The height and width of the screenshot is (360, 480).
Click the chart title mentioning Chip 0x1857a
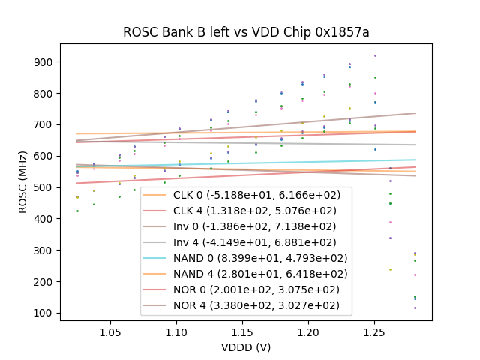pos(246,32)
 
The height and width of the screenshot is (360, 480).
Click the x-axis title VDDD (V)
pos(246,347)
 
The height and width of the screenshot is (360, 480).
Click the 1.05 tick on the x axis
pos(110,331)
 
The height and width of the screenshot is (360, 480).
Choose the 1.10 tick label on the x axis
pos(176,331)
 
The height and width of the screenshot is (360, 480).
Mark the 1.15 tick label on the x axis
pos(242,331)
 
